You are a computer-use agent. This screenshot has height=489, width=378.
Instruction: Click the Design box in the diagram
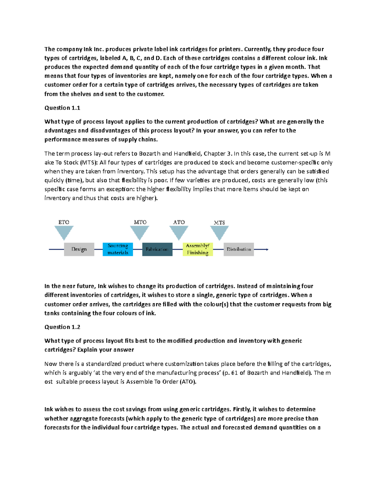(79, 249)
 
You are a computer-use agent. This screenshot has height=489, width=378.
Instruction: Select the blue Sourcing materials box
(118, 249)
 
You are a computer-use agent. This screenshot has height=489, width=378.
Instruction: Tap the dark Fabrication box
(157, 249)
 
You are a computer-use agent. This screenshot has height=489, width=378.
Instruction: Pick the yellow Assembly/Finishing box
(198, 249)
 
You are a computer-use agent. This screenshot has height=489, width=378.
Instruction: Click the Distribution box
(239, 249)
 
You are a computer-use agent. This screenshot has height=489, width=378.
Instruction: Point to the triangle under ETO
(64, 232)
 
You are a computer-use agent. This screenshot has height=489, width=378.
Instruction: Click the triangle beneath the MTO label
(140, 232)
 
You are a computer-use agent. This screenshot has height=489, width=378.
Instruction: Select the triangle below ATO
(179, 232)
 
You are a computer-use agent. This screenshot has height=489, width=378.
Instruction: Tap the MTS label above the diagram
(219, 222)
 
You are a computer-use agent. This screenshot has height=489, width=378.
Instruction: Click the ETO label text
(64, 222)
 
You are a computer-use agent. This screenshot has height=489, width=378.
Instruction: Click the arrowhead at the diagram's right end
(267, 249)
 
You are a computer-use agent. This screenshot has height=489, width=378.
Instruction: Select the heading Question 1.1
(62, 108)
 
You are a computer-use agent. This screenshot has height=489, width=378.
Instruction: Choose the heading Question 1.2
(62, 327)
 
